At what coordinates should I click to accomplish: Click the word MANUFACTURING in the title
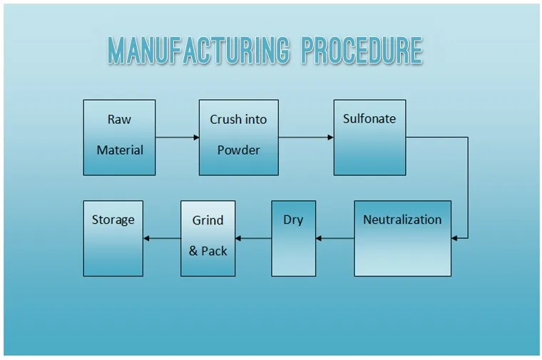pos(198,51)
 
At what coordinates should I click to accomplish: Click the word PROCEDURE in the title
pos(362,51)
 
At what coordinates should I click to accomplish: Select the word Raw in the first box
pos(119,120)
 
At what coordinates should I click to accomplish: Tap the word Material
pos(120,150)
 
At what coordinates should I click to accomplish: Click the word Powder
pos(238,150)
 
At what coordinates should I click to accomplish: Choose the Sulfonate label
pos(369,119)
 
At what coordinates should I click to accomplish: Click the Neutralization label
pos(402,220)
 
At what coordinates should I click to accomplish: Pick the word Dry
pos(293,220)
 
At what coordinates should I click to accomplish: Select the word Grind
pos(208,220)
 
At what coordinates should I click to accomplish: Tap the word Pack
pos(215,251)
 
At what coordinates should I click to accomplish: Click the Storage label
pos(113,220)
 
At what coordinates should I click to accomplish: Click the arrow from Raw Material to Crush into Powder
pos(178,138)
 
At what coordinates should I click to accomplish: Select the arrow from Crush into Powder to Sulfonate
pos(306,138)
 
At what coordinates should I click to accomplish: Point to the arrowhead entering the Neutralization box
pos(454,238)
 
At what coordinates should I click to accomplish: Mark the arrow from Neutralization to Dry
pos(335,238)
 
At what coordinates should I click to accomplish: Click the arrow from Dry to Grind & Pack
pos(253,238)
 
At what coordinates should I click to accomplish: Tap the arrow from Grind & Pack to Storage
pos(162,238)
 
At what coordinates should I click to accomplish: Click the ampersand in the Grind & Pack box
pos(193,251)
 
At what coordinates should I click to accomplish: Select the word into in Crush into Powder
pos(256,120)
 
